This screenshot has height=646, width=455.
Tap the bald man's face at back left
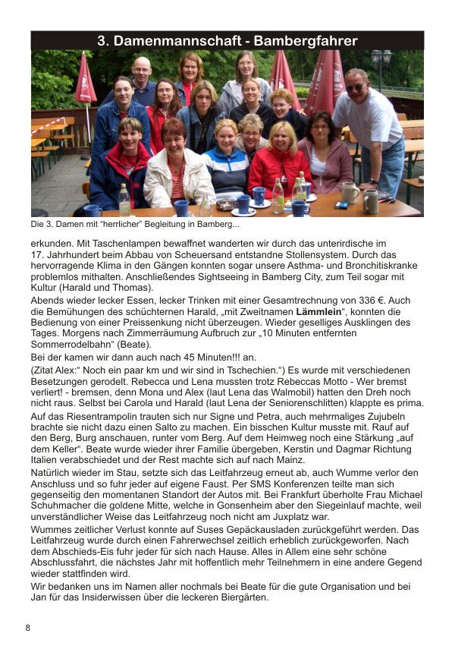pos(142,70)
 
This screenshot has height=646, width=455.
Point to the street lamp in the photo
pos(381,60)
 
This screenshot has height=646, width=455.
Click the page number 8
pos(28,628)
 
